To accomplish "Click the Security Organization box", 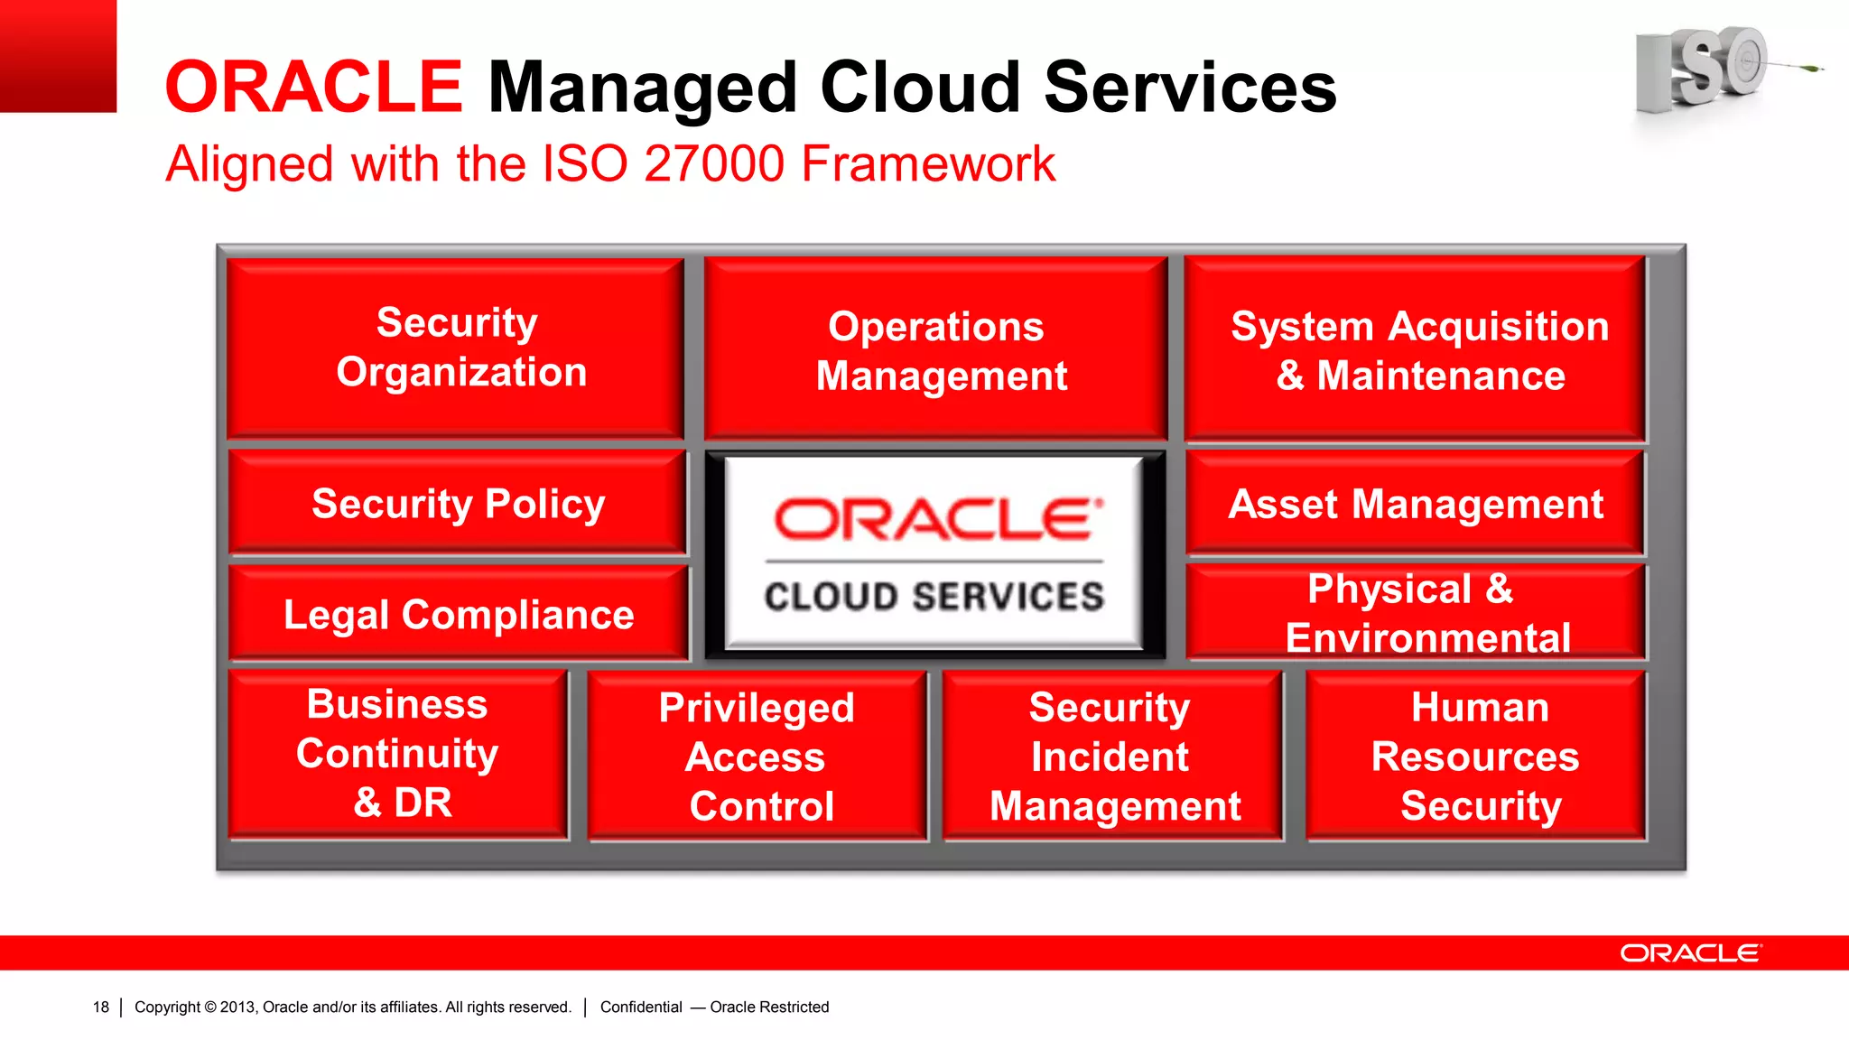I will [456, 348].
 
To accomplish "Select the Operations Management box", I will [936, 349].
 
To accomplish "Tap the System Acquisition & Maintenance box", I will [1415, 349].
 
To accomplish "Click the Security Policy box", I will [458, 503].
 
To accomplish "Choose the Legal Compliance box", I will [458, 614].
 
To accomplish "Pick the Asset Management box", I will [1415, 504].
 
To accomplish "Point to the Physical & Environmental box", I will [1415, 613].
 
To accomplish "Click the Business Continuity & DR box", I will [398, 754].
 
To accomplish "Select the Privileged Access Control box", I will [757, 757].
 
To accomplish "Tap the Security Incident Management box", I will [1112, 757].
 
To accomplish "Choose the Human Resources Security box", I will [1475, 757].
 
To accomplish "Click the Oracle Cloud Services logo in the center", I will [934, 553].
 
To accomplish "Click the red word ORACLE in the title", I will [313, 88].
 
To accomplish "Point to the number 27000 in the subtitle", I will [714, 164].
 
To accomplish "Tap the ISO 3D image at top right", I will [1706, 68].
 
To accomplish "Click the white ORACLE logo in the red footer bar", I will [1689, 953].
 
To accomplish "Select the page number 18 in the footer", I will [100, 1007].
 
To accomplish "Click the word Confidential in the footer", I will [641, 1007].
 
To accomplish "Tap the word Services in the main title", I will [1189, 88].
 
